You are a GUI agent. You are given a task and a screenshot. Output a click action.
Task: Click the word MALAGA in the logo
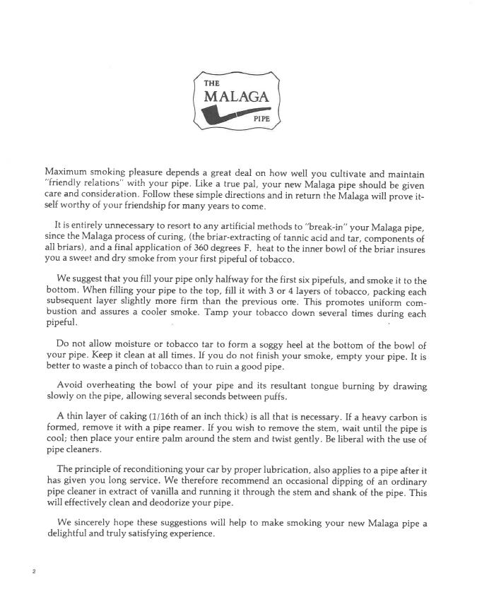pos(236,96)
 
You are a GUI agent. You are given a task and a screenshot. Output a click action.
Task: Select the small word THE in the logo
pos(211,82)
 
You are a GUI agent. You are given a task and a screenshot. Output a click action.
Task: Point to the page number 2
pos(34,571)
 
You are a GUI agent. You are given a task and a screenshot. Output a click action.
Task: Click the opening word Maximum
pos(68,172)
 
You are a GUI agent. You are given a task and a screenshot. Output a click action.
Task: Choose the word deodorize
pos(157,503)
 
